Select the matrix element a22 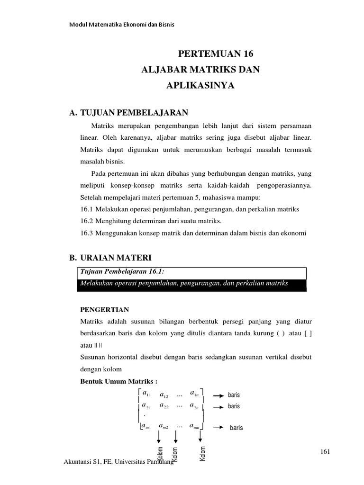pos(165,406)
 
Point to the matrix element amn pos(196,426)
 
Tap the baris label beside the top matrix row pos(234,395)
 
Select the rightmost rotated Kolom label pos(203,454)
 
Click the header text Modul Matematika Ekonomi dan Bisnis pos(122,25)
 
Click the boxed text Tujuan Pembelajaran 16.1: pos(112,272)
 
